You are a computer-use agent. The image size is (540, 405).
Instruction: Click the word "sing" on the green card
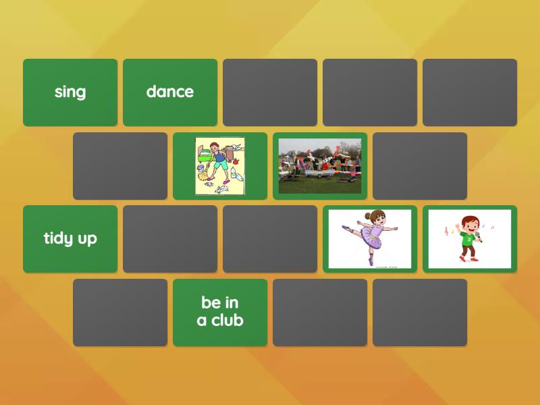coord(70,92)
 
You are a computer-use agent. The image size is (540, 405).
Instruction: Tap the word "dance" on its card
coord(170,92)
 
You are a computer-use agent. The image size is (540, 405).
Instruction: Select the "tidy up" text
coord(70,238)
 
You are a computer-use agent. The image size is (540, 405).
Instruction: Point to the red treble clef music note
coord(446,232)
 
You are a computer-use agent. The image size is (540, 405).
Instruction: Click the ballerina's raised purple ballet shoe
coord(345,229)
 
